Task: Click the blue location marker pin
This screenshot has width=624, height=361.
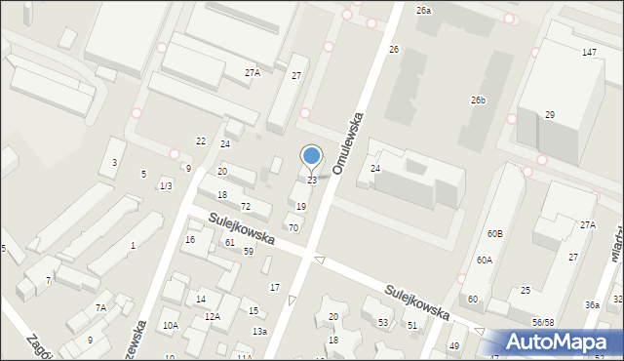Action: coord(312,156)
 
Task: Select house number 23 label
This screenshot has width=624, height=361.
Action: coord(312,180)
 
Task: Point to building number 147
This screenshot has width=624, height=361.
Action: coord(589,52)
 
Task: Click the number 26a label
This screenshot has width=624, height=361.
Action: coord(422,10)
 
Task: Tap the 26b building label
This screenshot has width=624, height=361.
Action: coord(478,100)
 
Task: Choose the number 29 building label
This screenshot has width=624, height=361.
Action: coord(550,115)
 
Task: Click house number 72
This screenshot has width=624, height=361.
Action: coord(246,206)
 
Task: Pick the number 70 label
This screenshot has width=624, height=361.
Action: coord(292,227)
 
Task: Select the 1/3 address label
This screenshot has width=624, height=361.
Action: coord(166,186)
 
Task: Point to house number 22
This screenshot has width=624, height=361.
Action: coord(201,141)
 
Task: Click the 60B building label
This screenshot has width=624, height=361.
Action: coord(496,234)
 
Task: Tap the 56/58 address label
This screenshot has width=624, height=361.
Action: coord(544,322)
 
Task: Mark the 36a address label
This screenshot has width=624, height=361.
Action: coord(592,304)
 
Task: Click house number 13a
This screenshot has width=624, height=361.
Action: coord(259,332)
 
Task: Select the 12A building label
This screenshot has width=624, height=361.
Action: coord(213,317)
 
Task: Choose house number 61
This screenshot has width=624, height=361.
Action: coord(230,242)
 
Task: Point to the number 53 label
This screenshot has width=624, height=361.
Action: coord(383,322)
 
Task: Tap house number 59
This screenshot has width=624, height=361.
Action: coord(249,252)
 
